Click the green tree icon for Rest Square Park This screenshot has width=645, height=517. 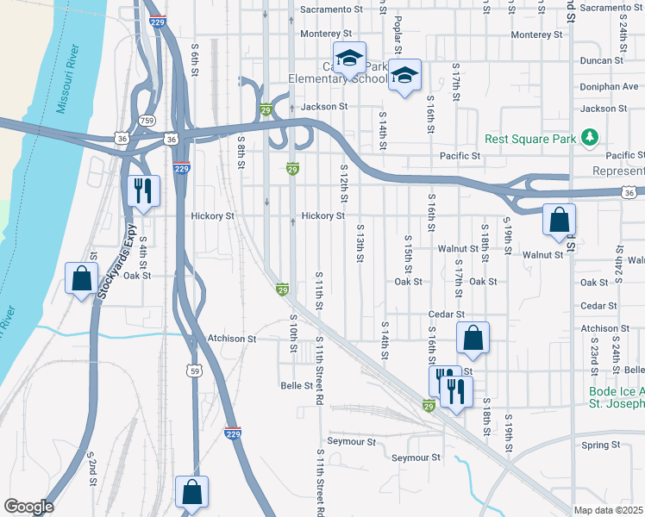(590, 137)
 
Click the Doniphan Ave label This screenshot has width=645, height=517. (609, 86)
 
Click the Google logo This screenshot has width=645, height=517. (28, 507)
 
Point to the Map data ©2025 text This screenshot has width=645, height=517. (609, 510)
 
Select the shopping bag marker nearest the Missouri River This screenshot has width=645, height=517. (81, 278)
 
